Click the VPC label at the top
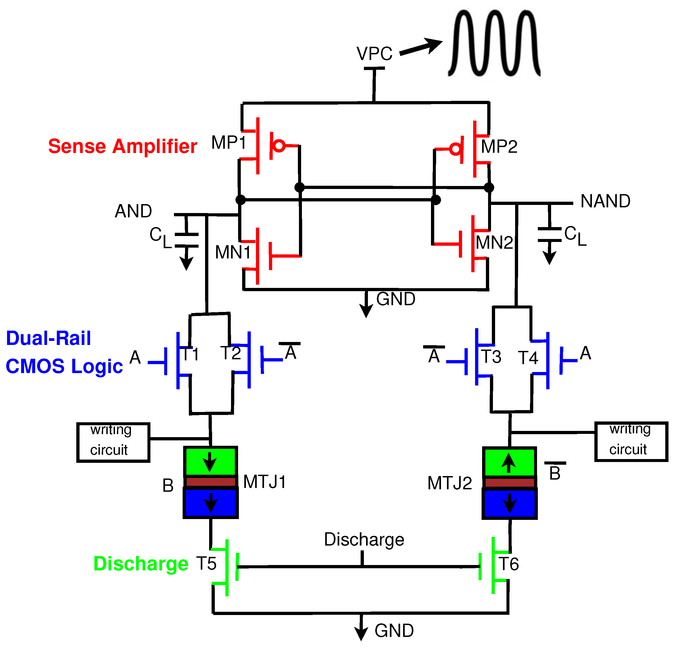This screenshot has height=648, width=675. pyautogui.click(x=374, y=54)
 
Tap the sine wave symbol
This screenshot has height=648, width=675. pyautogui.click(x=495, y=43)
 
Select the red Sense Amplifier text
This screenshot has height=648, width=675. pyautogui.click(x=122, y=146)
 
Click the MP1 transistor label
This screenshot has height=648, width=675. pyautogui.click(x=228, y=142)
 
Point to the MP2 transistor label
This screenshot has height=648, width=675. pyautogui.click(x=499, y=147)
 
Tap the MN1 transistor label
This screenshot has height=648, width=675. pyautogui.click(x=233, y=252)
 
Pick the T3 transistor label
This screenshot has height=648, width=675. pyautogui.click(x=491, y=357)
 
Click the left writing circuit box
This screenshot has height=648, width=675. pyautogui.click(x=113, y=442)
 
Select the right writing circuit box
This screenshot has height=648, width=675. pyautogui.click(x=631, y=441)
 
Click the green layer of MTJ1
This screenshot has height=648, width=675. pyautogui.click(x=210, y=461)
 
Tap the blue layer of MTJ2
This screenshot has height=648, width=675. pyautogui.click(x=509, y=503)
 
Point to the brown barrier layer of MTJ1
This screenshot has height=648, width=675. pyautogui.click(x=210, y=481)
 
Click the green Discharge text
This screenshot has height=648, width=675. pyautogui.click(x=141, y=564)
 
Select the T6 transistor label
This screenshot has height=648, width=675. pyautogui.click(x=509, y=564)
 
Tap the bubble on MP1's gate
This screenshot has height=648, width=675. pyautogui.click(x=279, y=145)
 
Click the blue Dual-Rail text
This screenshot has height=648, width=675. pyautogui.click(x=48, y=338)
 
